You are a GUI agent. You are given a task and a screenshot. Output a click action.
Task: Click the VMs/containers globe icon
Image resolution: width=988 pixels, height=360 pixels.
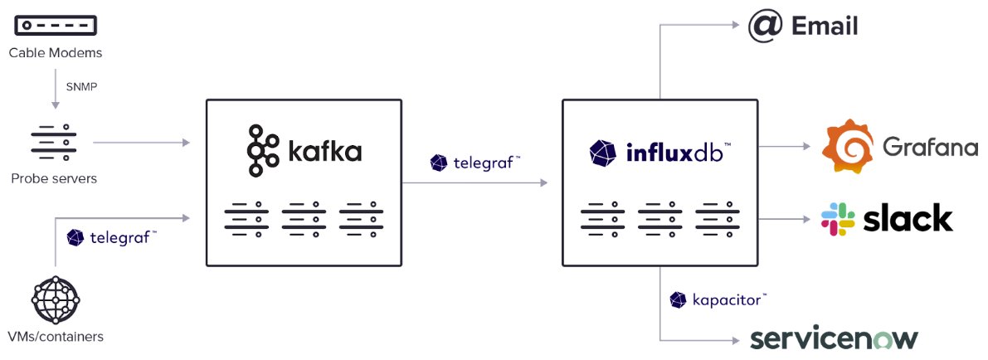55,299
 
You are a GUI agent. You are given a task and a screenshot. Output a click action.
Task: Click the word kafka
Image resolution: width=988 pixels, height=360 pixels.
324,153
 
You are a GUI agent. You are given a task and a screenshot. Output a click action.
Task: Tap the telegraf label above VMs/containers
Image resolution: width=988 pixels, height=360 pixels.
112,238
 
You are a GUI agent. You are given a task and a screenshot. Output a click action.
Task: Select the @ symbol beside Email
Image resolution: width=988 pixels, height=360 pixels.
764,26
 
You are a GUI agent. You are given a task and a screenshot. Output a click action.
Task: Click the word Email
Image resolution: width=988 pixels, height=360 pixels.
825,27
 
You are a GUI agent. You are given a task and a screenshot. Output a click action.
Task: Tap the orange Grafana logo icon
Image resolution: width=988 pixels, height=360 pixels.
847,146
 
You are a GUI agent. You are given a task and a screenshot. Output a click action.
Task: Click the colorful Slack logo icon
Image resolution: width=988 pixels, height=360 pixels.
838,219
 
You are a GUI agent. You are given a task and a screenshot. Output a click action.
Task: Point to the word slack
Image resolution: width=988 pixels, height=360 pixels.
908,219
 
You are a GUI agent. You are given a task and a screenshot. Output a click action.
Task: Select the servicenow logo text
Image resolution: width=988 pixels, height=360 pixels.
834,338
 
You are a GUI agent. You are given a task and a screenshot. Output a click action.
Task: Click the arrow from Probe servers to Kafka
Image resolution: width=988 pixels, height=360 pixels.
141,143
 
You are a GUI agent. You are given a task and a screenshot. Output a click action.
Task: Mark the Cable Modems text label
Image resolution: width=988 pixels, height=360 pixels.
55,53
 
